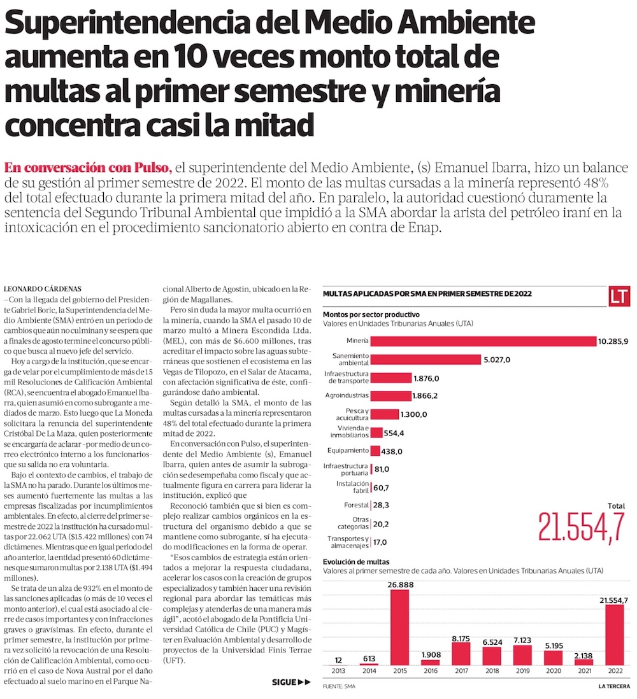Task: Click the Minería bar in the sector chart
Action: [x=483, y=341]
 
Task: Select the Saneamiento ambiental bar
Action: [x=426, y=360]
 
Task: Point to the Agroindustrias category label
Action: [x=345, y=396]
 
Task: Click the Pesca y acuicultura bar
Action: [x=384, y=414]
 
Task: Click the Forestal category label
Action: [x=356, y=505]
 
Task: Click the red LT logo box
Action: [x=619, y=296]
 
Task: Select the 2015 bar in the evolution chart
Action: [x=399, y=627]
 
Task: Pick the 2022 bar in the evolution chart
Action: [x=615, y=634]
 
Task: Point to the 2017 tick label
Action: [x=461, y=670]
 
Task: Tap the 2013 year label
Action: [x=338, y=670]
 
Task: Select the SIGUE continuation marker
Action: [x=291, y=682]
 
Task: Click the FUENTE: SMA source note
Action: [x=339, y=687]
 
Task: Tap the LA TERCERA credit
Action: [x=614, y=687]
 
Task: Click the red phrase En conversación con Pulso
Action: [x=88, y=168]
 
